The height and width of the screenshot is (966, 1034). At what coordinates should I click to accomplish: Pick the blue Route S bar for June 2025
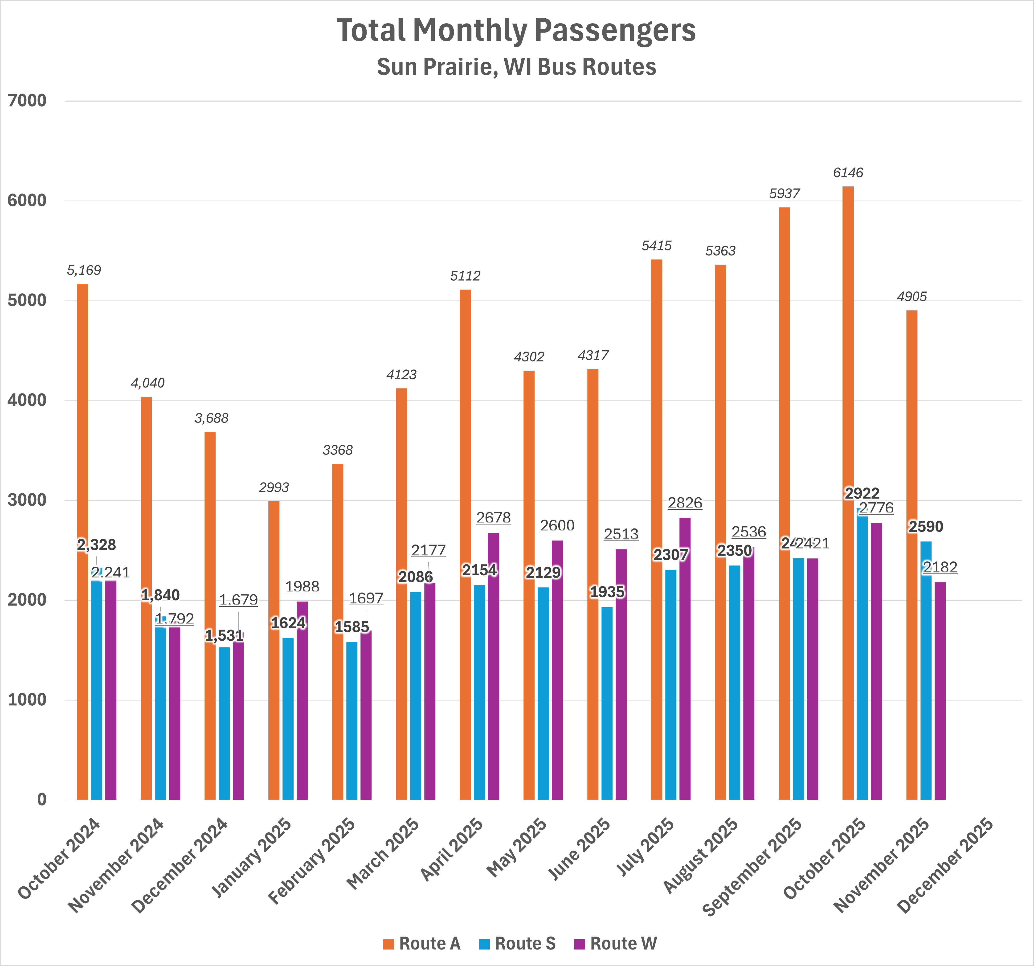point(607,702)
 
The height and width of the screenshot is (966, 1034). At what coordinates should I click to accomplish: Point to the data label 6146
point(848,173)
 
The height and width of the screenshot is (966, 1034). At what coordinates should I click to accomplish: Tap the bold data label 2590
point(925,527)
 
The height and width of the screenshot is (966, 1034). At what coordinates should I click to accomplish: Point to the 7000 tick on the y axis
point(27,101)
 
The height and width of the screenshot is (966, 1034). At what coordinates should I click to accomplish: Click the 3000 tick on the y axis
point(27,500)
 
